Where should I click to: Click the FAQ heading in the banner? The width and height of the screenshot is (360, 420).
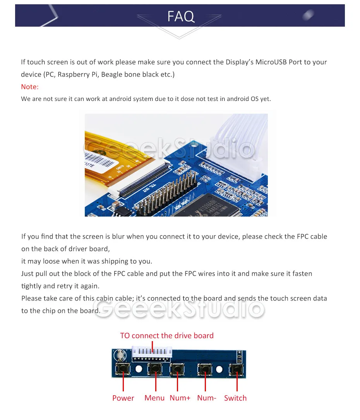[181, 16]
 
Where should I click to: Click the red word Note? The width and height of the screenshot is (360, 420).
[30, 87]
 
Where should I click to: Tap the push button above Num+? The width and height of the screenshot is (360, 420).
[177, 369]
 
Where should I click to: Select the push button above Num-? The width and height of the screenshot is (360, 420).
[205, 369]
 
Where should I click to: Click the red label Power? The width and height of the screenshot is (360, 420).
[123, 398]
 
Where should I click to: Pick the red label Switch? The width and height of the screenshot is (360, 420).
[235, 398]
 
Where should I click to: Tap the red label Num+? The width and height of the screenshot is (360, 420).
[180, 398]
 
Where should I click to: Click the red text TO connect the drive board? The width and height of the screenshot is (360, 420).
[167, 335]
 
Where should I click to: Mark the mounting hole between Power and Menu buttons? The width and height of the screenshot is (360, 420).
[139, 369]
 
